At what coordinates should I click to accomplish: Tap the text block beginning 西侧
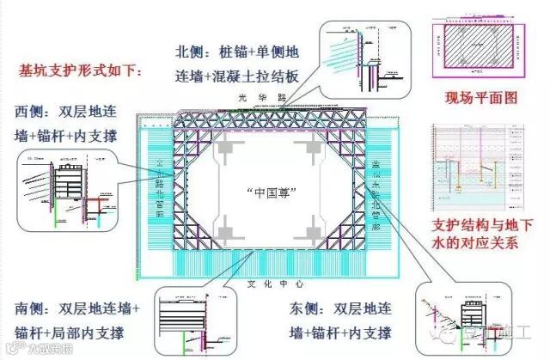65,125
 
